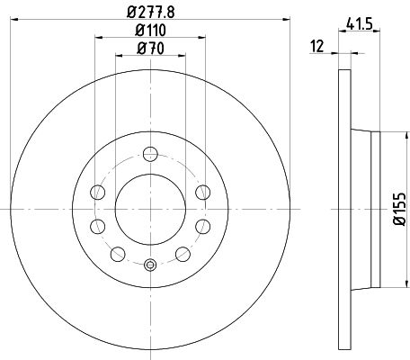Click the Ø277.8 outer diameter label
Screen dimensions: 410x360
point(151,13)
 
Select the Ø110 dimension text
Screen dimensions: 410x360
point(150,31)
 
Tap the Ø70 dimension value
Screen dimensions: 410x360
point(150,49)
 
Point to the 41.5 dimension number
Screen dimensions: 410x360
point(360,23)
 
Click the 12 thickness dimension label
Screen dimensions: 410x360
point(317,47)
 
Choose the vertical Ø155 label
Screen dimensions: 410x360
point(399,209)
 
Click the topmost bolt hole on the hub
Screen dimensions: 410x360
point(150,154)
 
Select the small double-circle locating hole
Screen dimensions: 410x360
point(150,265)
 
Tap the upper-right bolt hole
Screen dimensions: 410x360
point(203,192)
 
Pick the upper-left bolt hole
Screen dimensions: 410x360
point(98,192)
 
